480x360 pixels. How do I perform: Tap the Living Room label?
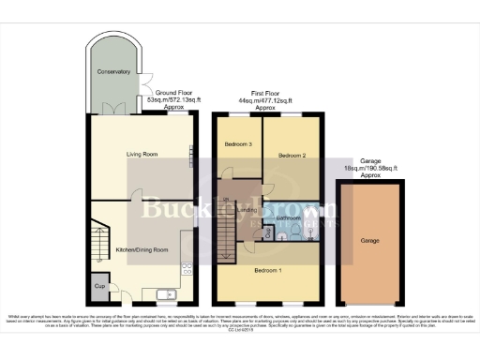[x=142, y=154]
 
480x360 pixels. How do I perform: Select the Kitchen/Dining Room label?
[x=141, y=249]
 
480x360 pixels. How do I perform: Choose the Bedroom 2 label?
[x=292, y=156]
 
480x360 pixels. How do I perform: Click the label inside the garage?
[x=369, y=240]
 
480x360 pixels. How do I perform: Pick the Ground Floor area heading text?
[x=174, y=95]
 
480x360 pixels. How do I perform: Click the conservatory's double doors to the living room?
[x=117, y=112]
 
